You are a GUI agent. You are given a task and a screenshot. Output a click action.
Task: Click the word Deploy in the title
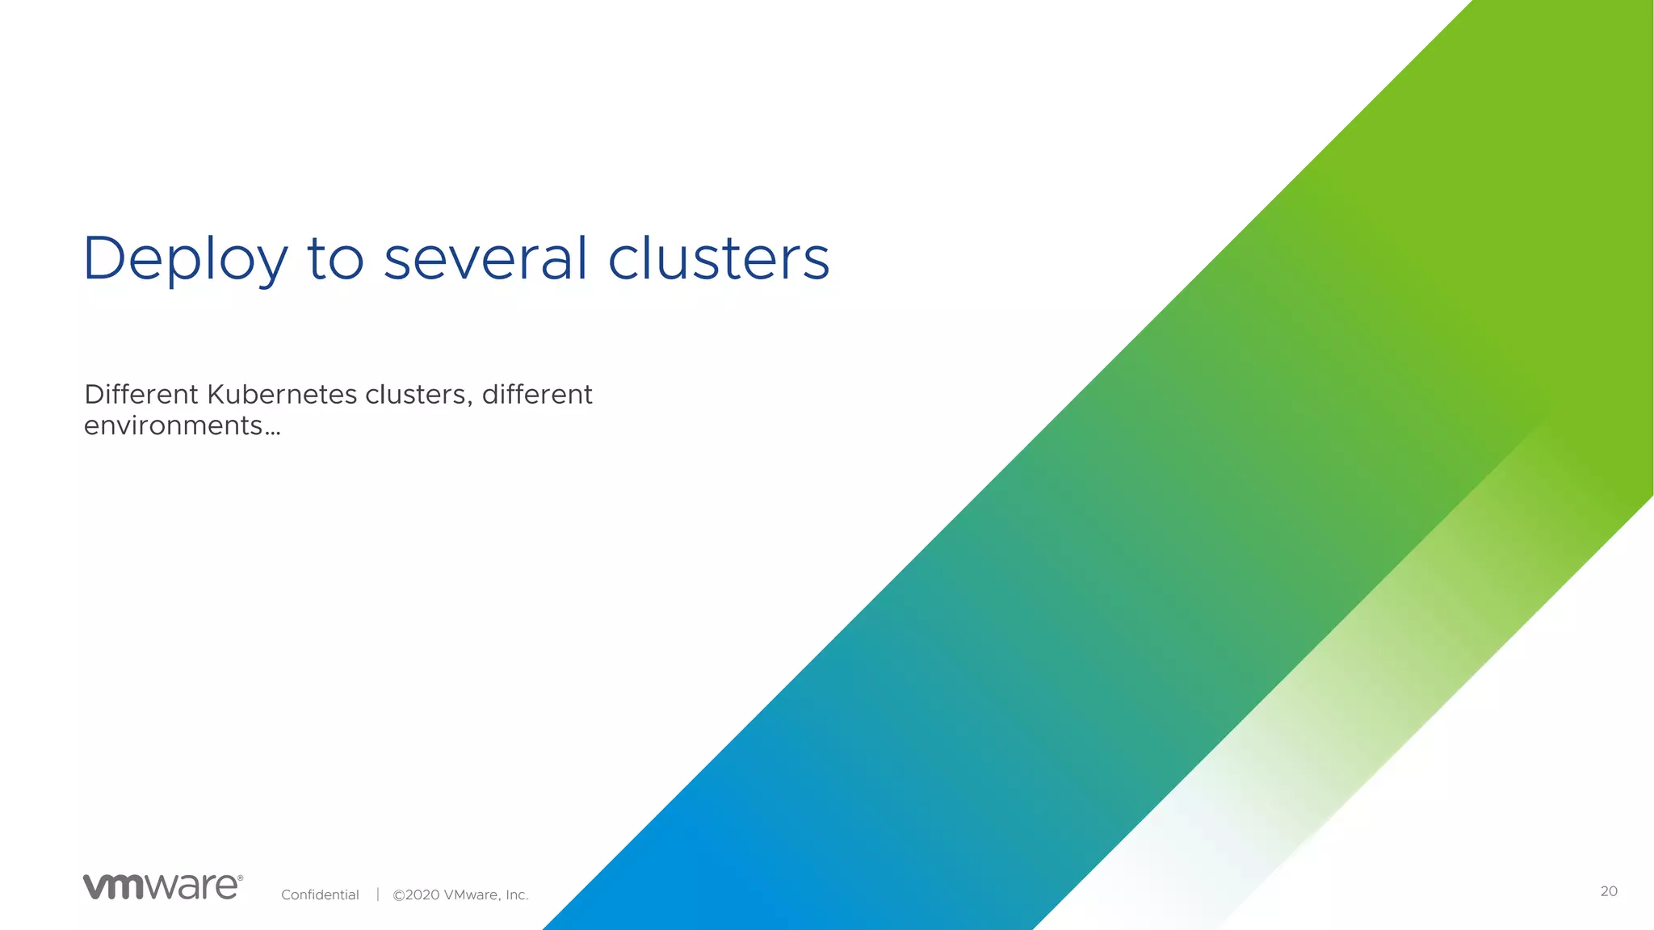(185, 260)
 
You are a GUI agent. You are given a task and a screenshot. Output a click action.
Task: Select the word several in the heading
(485, 259)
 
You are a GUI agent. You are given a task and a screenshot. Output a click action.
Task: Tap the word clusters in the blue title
(718, 259)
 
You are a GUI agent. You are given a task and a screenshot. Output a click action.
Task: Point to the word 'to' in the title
(335, 260)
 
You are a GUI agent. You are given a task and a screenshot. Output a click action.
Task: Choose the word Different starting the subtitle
(141, 395)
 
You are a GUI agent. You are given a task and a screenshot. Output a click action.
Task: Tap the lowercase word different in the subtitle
(537, 395)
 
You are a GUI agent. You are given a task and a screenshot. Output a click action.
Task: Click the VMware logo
(162, 886)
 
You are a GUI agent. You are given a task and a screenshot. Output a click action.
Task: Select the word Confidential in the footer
(320, 894)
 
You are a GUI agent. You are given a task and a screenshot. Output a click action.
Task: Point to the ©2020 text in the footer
(416, 894)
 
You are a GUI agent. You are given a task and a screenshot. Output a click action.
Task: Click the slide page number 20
(1609, 891)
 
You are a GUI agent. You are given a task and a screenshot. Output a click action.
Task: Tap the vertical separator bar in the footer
(377, 894)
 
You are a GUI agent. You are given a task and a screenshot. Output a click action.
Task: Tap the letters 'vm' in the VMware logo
(114, 887)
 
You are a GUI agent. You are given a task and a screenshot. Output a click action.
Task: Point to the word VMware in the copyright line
(472, 894)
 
